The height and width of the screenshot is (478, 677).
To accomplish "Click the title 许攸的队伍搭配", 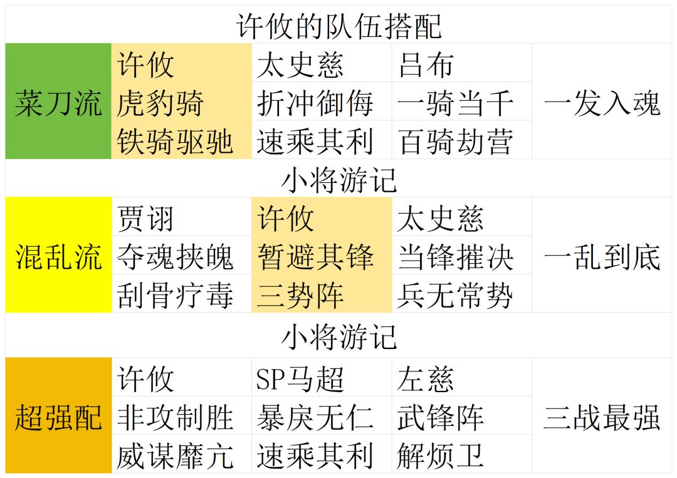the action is coord(339,26).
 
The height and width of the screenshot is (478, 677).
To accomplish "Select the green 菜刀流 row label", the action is coord(58,102).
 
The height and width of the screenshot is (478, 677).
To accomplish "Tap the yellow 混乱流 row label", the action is coord(58,256).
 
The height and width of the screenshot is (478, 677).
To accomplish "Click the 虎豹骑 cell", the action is coord(160,102).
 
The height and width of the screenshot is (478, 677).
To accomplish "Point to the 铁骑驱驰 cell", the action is coord(175,141).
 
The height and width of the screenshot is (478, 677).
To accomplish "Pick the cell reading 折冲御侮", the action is coord(315,102).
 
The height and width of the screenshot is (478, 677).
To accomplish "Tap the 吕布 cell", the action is coord(426,64).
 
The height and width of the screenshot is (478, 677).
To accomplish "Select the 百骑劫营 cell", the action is coord(455,141).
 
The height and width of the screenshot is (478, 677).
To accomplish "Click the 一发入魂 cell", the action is coord(602,102).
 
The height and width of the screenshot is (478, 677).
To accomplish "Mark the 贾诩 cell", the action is coord(145,219).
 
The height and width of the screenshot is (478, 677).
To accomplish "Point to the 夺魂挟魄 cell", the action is coord(175,256).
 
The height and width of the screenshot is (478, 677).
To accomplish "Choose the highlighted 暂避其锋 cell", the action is coord(315,256).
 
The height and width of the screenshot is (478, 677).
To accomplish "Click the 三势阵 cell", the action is coord(300,294).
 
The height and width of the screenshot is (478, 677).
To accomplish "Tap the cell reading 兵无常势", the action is coord(455,294).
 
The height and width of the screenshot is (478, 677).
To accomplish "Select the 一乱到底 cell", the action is coord(602,256).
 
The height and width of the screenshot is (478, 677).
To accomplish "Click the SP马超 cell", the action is coord(300,379).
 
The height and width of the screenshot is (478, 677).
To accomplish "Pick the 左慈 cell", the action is coord(426,379).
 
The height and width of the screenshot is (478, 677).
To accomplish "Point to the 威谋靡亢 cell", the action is coord(175,456).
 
